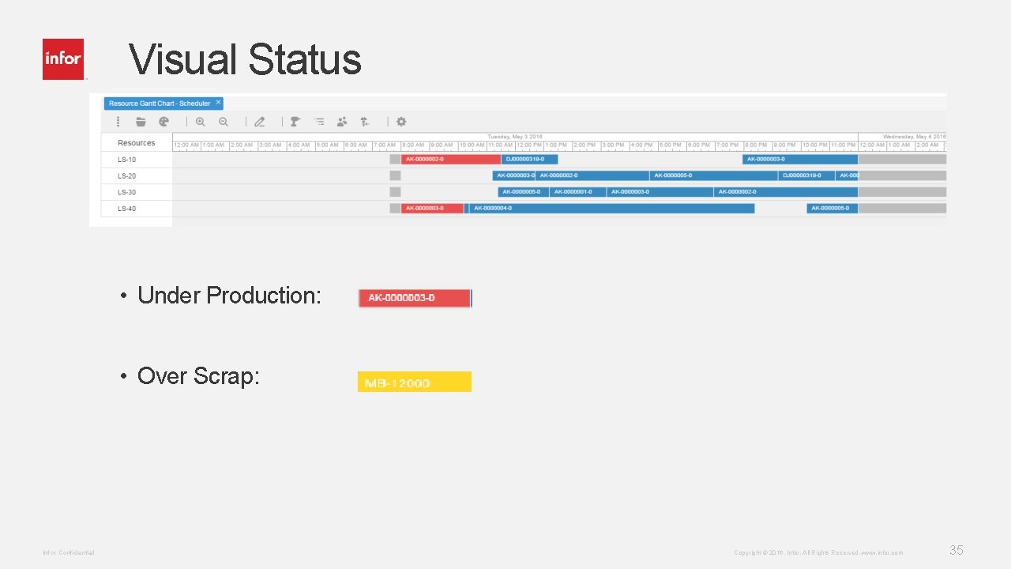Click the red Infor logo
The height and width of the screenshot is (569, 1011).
[x=63, y=59]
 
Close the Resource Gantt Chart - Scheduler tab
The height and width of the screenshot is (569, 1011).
[x=218, y=104]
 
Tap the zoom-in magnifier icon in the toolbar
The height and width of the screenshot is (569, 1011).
[x=201, y=122]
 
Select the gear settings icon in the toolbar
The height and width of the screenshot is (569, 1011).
[x=401, y=122]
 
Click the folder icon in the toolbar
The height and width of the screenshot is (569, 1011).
[x=141, y=122]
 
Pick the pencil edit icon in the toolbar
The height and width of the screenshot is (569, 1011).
[x=259, y=122]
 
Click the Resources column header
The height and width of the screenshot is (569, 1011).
[x=136, y=143]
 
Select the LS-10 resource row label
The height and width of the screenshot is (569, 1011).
[x=126, y=160]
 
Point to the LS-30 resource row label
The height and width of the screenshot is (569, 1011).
[x=126, y=192]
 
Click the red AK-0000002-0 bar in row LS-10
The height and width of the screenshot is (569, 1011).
[x=450, y=160]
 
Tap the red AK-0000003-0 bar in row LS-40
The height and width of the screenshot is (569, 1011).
[x=431, y=209]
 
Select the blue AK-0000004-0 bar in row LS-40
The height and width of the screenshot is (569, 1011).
[x=611, y=209]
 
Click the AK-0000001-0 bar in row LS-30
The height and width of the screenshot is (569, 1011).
[x=577, y=192]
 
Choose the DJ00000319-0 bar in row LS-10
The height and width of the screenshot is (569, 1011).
[x=529, y=160]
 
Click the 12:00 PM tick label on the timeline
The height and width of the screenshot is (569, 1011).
[x=528, y=145]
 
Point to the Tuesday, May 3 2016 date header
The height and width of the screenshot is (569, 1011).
[x=515, y=137]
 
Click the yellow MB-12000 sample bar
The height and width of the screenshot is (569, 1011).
[x=414, y=382]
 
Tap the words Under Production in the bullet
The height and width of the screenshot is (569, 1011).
[x=229, y=296]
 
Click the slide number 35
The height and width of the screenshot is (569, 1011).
[x=956, y=551]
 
